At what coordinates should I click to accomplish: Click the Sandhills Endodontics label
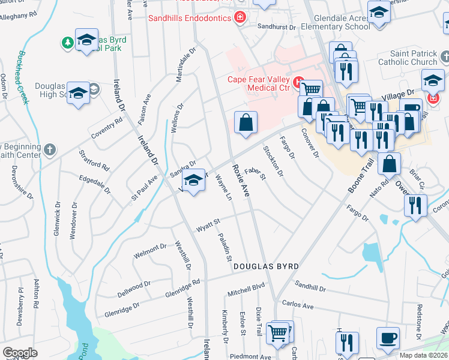(x=190, y=19)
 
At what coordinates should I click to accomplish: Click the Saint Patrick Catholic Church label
(x=408, y=58)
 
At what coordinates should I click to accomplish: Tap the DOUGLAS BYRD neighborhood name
(x=266, y=266)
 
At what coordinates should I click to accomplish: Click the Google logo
(x=20, y=352)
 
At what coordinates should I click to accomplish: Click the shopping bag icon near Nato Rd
(x=390, y=163)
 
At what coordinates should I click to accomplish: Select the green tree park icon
(x=67, y=42)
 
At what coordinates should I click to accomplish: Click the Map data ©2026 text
(x=423, y=355)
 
